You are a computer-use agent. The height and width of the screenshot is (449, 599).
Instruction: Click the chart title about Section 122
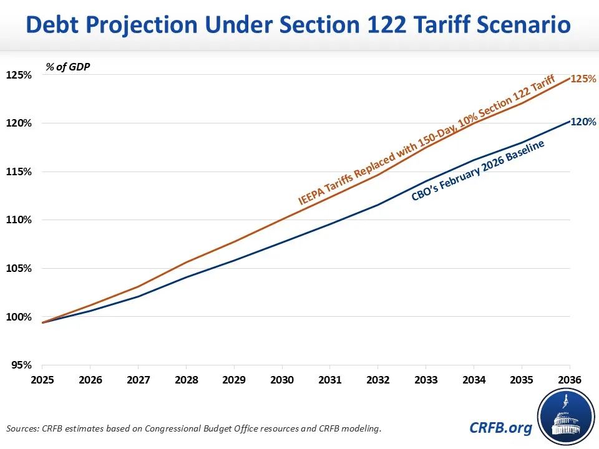[299, 26]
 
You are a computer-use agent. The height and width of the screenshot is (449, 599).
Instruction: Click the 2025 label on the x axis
[42, 379]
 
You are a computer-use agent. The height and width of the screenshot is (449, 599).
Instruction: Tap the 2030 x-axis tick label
[282, 379]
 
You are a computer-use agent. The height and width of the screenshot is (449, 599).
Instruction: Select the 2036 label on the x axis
[569, 379]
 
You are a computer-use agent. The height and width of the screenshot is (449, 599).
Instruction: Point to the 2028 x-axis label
[186, 379]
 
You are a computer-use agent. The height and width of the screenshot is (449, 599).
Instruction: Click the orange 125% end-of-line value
[584, 79]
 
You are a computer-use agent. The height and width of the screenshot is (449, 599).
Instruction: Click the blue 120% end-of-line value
[584, 122]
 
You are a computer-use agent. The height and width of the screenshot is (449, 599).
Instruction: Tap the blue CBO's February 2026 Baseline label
[478, 170]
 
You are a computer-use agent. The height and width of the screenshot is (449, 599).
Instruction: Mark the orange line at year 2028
[186, 262]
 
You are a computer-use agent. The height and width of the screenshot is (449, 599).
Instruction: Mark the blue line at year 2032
[377, 205]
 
